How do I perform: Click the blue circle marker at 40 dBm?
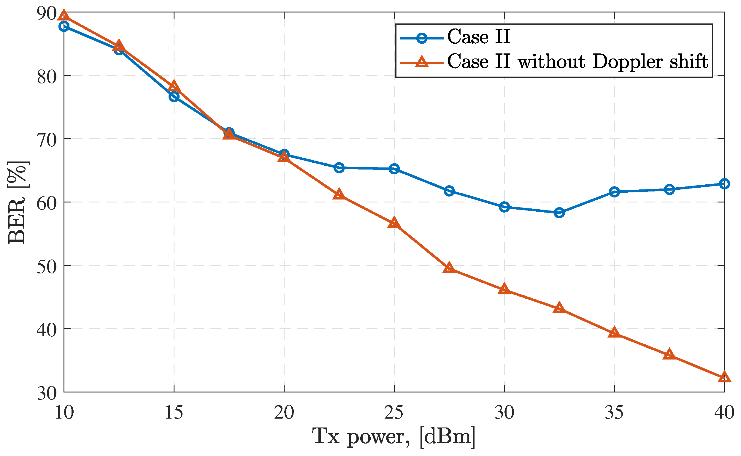pos(724,184)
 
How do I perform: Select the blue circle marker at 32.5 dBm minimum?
pos(559,213)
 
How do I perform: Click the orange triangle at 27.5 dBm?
pos(449,268)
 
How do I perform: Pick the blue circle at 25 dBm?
pos(394,169)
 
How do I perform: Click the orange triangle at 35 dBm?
pos(614,333)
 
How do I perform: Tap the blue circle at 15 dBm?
pos(174,96)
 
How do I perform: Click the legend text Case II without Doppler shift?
pos(577,62)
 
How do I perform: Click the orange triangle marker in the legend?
pos(422,62)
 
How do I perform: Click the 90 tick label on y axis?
pos(47,14)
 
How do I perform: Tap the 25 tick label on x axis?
pos(394,413)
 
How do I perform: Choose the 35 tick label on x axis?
pos(614,413)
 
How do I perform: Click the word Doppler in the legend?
pos(628,62)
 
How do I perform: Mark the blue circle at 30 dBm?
pos(504,207)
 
